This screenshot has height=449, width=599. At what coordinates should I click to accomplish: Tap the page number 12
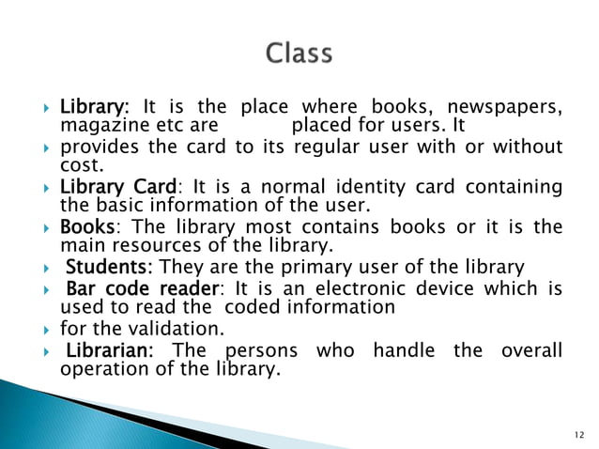[x=576, y=434]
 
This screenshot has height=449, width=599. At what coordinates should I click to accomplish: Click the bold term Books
[x=87, y=226]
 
